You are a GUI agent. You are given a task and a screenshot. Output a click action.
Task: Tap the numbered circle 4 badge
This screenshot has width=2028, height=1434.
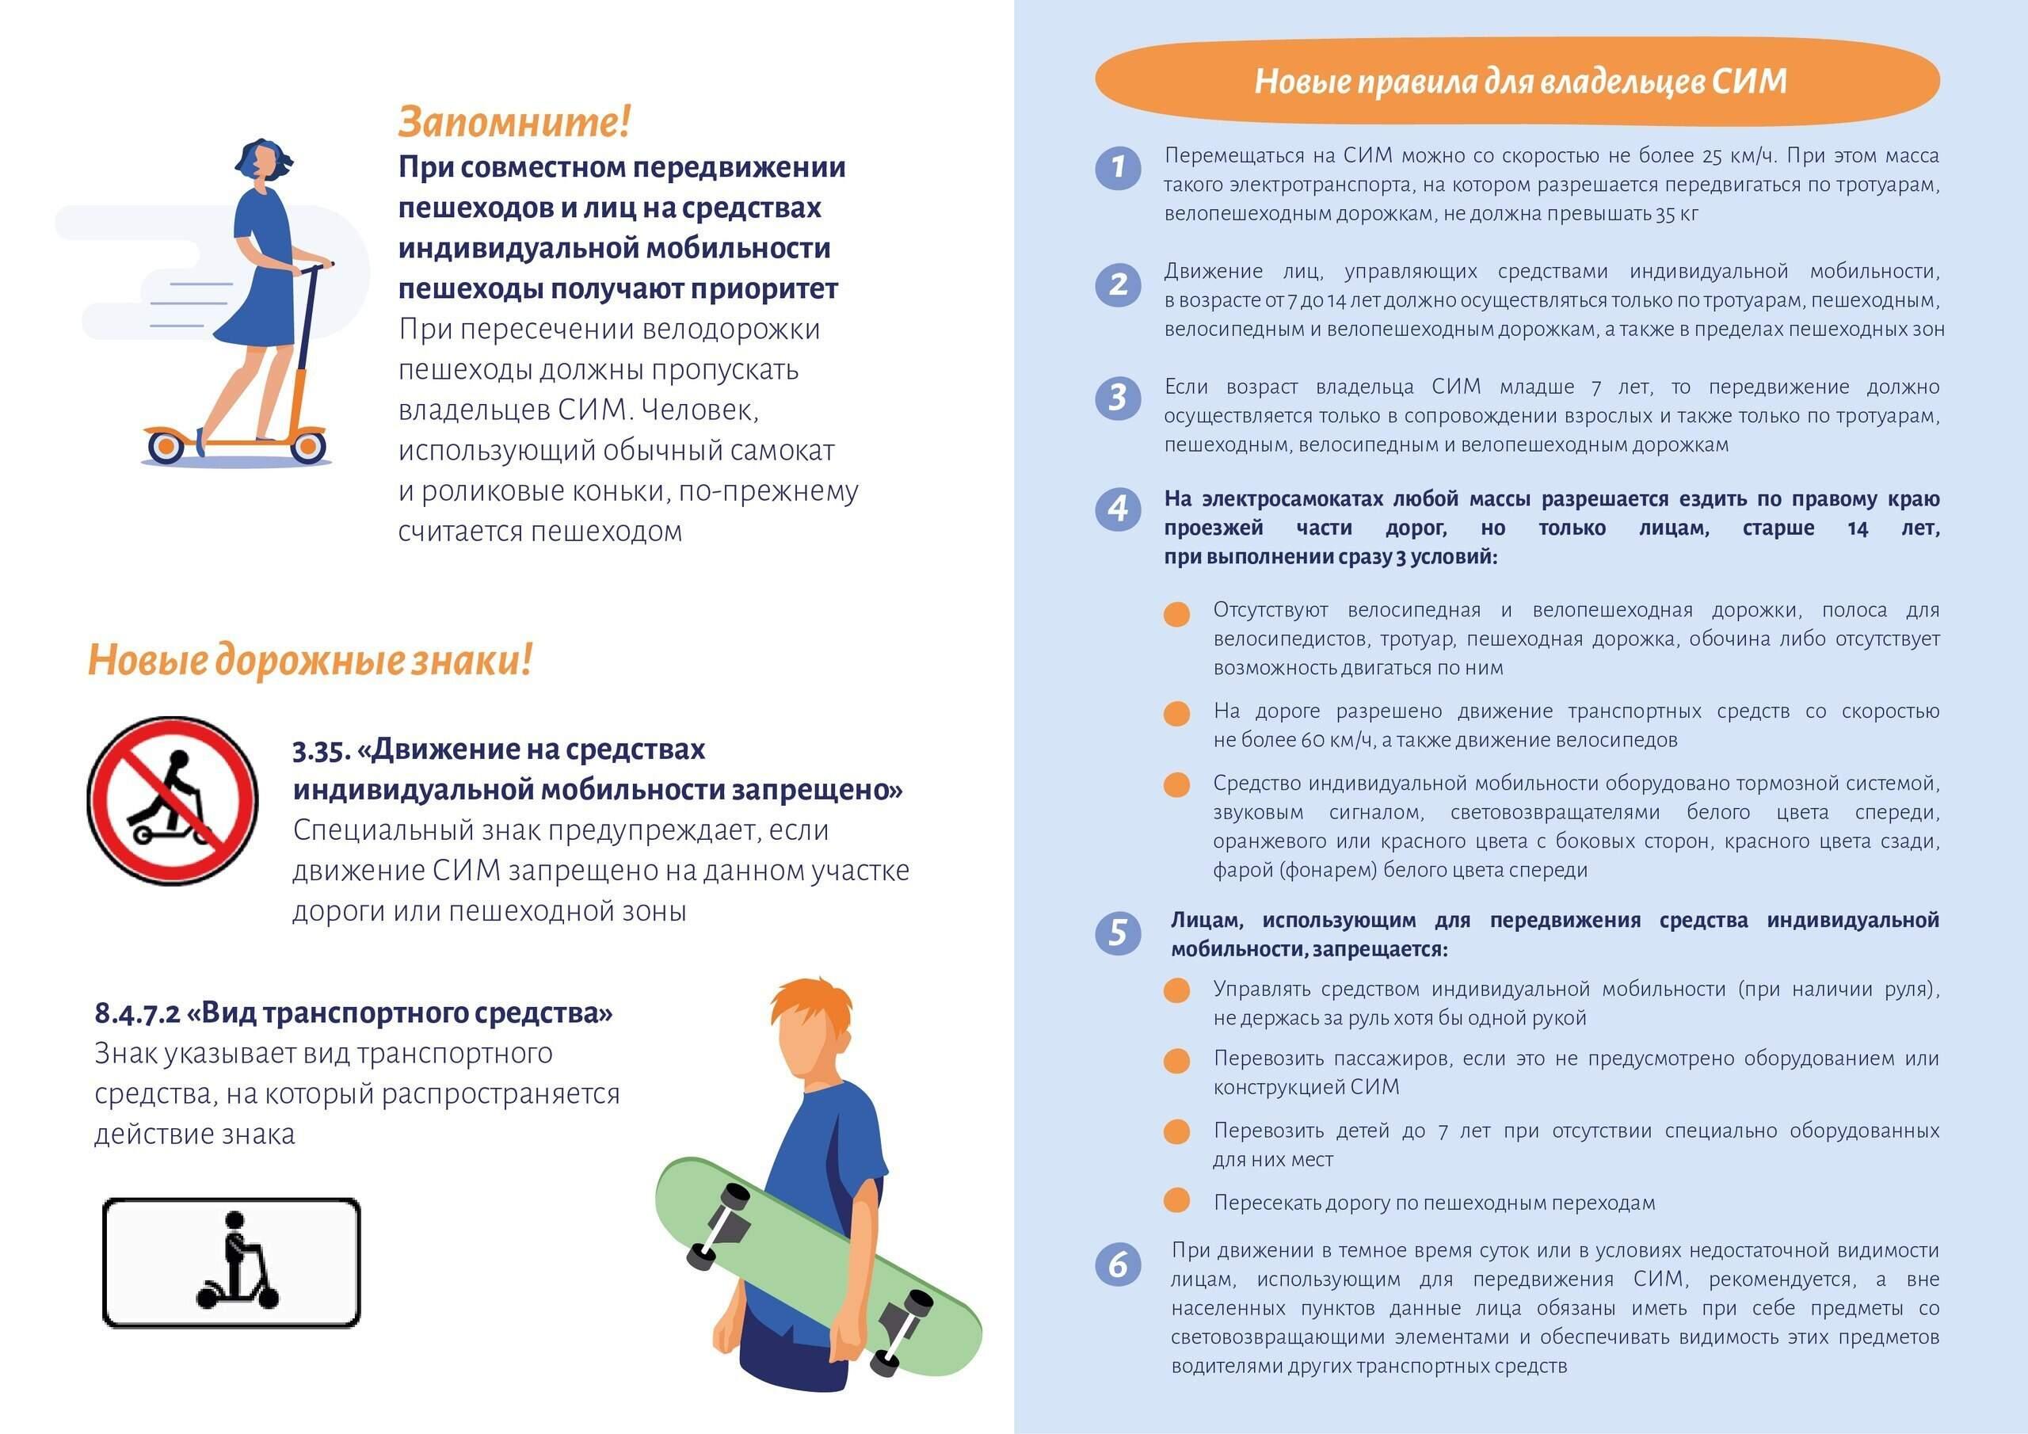click(1119, 509)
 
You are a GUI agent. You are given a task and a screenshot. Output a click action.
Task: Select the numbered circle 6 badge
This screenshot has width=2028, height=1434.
click(1119, 1265)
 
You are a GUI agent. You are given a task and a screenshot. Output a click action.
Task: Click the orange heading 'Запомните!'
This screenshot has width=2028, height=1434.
click(514, 122)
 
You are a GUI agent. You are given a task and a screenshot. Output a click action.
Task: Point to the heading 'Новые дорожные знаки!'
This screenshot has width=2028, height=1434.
click(310, 660)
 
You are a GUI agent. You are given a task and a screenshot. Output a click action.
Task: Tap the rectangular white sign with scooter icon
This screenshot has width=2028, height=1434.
click(231, 1263)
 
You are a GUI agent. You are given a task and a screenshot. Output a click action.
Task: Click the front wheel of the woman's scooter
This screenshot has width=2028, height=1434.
click(308, 446)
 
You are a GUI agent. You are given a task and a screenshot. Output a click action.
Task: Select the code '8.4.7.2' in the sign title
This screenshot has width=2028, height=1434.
click(137, 1013)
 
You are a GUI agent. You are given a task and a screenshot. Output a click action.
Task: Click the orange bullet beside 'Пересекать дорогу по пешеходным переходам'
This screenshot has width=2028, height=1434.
click(1176, 1201)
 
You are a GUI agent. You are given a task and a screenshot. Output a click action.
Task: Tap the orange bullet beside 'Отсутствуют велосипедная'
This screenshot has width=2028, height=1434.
click(1176, 614)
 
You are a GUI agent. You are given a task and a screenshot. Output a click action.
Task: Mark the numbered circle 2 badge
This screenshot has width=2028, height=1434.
click(1119, 284)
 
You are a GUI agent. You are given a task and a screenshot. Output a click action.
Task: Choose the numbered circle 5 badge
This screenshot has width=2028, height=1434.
click(1119, 933)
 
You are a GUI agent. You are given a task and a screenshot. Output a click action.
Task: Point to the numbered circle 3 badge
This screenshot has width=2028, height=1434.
click(1119, 399)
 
